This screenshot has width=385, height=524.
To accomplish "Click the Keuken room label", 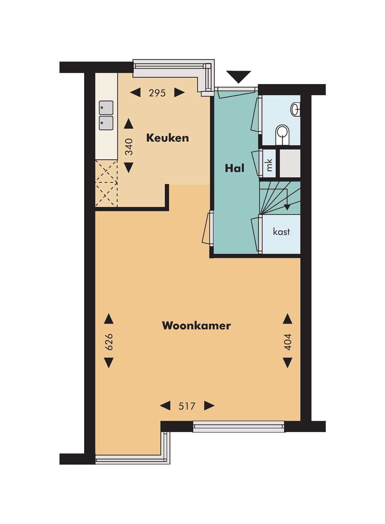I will click(167, 138).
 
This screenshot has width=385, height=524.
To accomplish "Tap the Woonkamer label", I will click(196, 325).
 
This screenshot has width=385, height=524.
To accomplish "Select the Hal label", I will click(235, 168).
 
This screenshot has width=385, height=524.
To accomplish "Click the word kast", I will click(281, 232).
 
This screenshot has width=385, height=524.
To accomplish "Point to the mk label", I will click(269, 165).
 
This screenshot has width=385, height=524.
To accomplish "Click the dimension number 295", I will click(157, 93).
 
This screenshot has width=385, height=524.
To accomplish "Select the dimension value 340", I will click(129, 147).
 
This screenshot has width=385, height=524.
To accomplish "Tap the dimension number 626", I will click(109, 342).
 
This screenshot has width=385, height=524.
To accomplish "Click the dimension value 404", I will click(288, 342).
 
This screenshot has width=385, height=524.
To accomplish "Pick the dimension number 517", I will click(187, 406).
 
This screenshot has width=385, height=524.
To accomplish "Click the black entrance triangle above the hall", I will click(238, 76).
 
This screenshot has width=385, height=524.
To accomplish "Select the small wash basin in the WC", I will click(296, 109).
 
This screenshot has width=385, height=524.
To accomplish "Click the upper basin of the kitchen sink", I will click(106, 108).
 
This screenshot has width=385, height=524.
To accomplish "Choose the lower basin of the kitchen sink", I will click(106, 123).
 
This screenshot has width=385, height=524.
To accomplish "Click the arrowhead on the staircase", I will click(287, 207).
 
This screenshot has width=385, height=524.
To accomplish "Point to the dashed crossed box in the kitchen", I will click(106, 183).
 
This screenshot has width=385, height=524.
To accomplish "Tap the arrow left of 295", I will click(135, 93).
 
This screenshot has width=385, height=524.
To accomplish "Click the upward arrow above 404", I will click(288, 319).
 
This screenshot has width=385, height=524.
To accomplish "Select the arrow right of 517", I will click(209, 406).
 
